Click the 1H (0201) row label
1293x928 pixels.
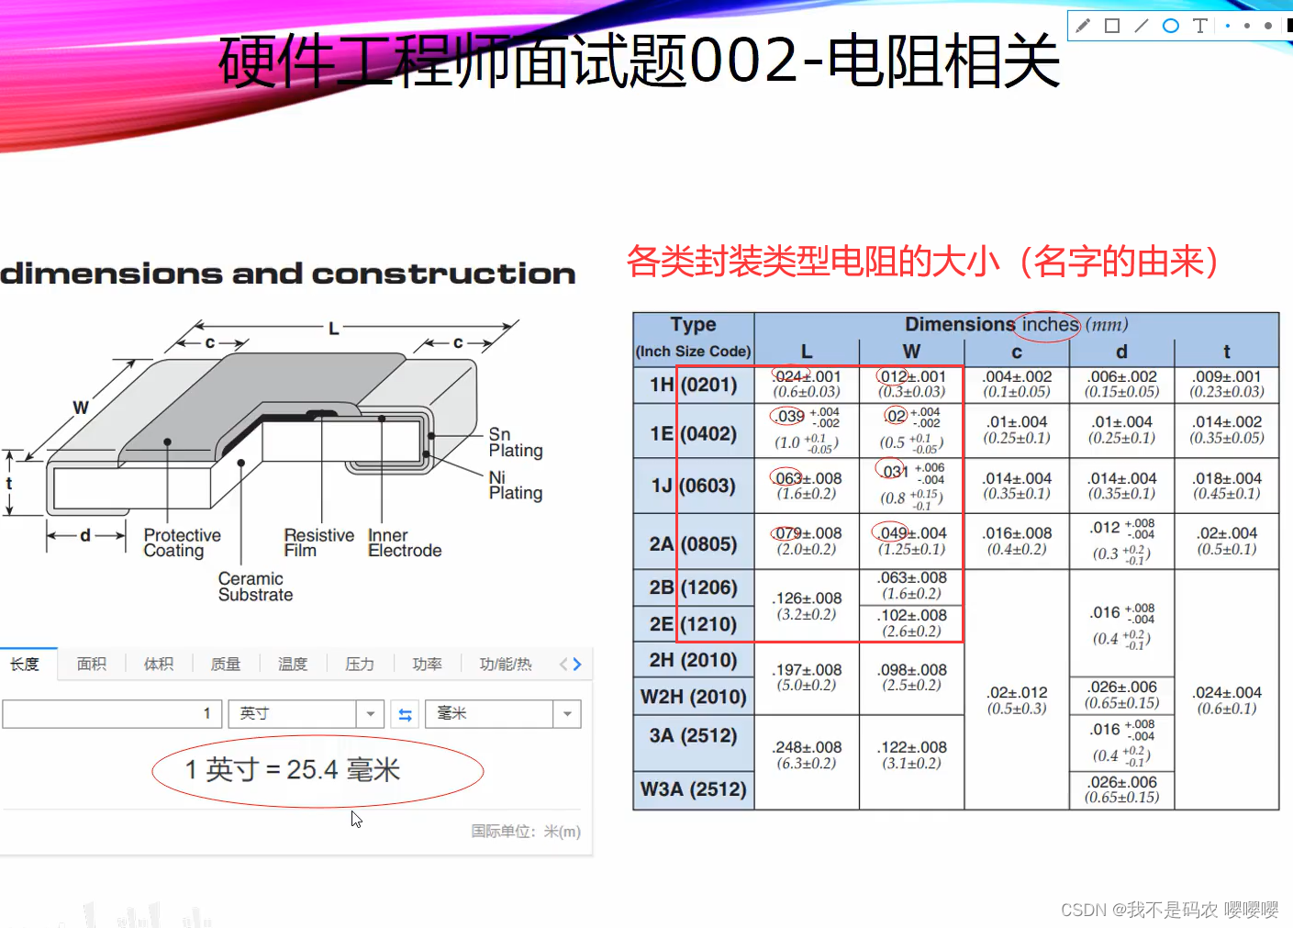(x=693, y=385)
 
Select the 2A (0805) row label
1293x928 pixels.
(x=693, y=543)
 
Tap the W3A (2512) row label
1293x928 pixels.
(x=693, y=788)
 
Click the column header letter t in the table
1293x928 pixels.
(x=1226, y=352)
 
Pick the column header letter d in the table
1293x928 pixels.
(x=1121, y=352)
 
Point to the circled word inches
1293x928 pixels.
(x=1050, y=325)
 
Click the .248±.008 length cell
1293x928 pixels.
(x=807, y=755)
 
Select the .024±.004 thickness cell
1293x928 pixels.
(x=1227, y=699)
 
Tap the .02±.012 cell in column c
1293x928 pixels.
(x=1017, y=699)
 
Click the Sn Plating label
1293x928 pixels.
(x=515, y=442)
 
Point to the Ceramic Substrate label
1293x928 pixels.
(x=255, y=587)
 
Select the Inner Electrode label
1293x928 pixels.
(x=404, y=542)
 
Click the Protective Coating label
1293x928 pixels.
(x=182, y=542)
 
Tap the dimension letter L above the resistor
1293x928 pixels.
(x=333, y=328)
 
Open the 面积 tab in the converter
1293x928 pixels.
(x=92, y=664)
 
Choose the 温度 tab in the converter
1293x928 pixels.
(x=293, y=664)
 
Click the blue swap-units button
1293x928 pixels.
(x=405, y=714)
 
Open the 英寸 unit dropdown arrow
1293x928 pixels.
(x=370, y=714)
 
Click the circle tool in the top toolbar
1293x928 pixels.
(x=1170, y=26)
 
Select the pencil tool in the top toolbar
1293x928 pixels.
(x=1083, y=26)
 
